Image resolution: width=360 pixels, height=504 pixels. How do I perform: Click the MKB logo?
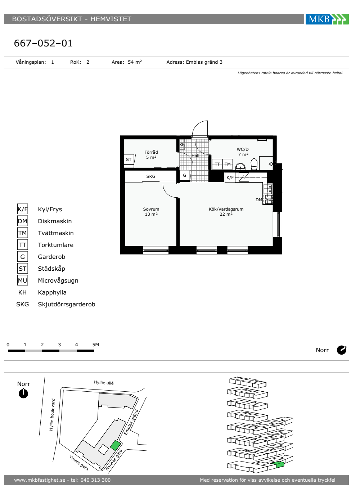click(x=327, y=19)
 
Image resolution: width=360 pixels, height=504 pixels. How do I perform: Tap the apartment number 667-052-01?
click(x=43, y=43)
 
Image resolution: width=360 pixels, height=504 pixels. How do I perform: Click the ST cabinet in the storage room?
click(x=129, y=159)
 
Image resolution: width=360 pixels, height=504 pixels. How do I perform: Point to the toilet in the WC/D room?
click(x=254, y=164)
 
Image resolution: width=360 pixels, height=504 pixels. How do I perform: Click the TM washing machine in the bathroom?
click(x=228, y=164)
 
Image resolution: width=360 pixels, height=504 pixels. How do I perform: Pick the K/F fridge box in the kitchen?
click(x=230, y=177)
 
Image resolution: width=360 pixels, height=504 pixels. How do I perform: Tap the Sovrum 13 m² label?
click(x=151, y=212)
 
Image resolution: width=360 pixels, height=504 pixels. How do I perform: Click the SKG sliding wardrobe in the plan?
click(x=151, y=176)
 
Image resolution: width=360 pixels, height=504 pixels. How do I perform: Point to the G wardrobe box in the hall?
click(x=184, y=175)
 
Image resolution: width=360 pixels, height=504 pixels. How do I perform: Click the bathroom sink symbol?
click(x=240, y=166)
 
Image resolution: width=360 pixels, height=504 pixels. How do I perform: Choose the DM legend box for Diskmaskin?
click(x=22, y=221)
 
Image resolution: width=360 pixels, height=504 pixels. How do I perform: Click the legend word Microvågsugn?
click(x=58, y=280)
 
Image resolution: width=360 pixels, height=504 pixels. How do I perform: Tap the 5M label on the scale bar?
click(x=96, y=345)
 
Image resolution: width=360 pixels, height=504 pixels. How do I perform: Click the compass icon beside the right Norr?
click(x=342, y=350)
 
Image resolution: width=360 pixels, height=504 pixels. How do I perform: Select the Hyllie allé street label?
click(x=104, y=382)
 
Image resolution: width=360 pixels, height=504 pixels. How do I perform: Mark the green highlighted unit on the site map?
click(x=116, y=445)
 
